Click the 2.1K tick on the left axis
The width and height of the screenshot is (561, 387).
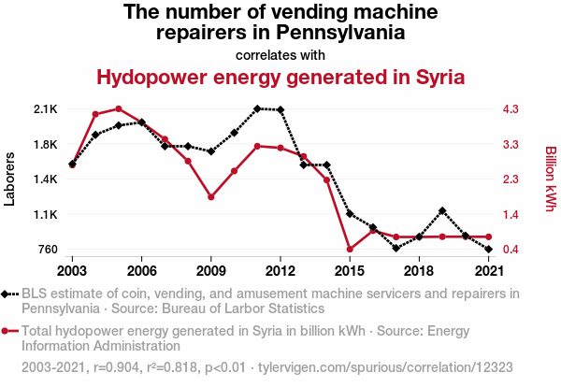tap(46, 109)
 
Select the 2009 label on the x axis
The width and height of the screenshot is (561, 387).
tap(211, 271)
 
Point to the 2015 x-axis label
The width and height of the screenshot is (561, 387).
tap(350, 271)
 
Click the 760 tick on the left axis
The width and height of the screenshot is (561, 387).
tap(47, 250)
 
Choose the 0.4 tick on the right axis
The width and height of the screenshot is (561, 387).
tap(511, 250)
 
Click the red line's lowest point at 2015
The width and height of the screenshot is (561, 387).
tap(350, 250)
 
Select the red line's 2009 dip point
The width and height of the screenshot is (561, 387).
tap(211, 197)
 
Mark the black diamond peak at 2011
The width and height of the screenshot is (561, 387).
tap(257, 108)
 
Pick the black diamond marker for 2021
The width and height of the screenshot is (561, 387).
tap(488, 250)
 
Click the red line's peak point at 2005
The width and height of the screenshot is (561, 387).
tap(119, 108)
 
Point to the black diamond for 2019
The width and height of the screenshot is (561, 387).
tap(442, 210)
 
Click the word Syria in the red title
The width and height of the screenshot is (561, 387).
tap(437, 77)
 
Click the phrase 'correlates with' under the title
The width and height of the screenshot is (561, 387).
tap(280, 54)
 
